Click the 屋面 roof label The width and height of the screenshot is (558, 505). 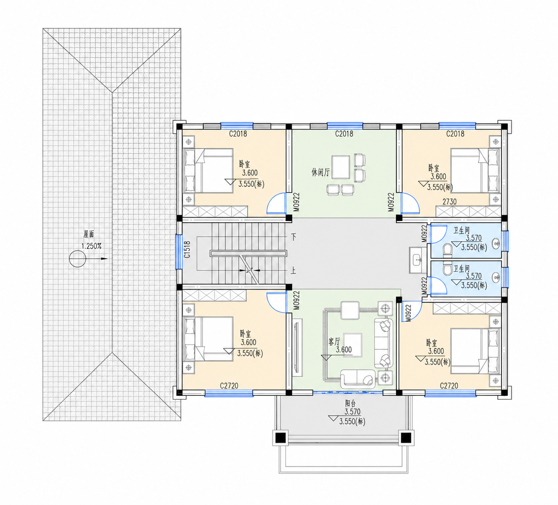(x=89, y=234)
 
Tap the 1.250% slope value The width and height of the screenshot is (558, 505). (x=91, y=246)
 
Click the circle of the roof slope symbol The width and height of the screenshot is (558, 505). (x=77, y=259)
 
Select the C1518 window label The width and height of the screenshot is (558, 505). (x=187, y=250)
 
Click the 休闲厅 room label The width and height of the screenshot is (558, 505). (x=320, y=172)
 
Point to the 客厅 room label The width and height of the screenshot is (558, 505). (x=334, y=342)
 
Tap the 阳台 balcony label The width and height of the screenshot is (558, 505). (x=351, y=403)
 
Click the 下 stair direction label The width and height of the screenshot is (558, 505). (x=293, y=237)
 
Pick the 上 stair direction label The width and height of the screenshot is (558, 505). (x=293, y=271)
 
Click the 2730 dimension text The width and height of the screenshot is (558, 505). (x=450, y=201)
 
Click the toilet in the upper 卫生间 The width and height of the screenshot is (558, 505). (x=448, y=249)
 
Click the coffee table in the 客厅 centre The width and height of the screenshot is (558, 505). (x=353, y=345)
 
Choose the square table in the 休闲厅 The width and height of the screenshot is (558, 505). (x=341, y=167)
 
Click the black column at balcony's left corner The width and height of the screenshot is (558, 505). (x=280, y=438)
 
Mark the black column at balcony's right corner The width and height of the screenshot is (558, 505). (x=406, y=438)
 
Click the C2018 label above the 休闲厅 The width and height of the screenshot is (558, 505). (x=344, y=134)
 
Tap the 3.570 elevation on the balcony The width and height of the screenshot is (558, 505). (x=352, y=411)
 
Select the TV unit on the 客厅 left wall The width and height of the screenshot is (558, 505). (x=298, y=346)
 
